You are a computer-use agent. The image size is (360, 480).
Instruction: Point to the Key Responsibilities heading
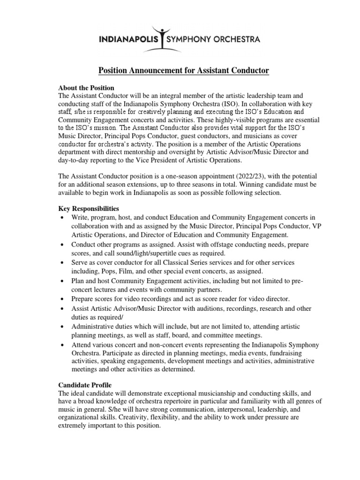pos(89,208)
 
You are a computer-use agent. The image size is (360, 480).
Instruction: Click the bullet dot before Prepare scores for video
pos(63,299)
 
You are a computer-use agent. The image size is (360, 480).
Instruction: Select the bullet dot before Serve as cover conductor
pos(63,263)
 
